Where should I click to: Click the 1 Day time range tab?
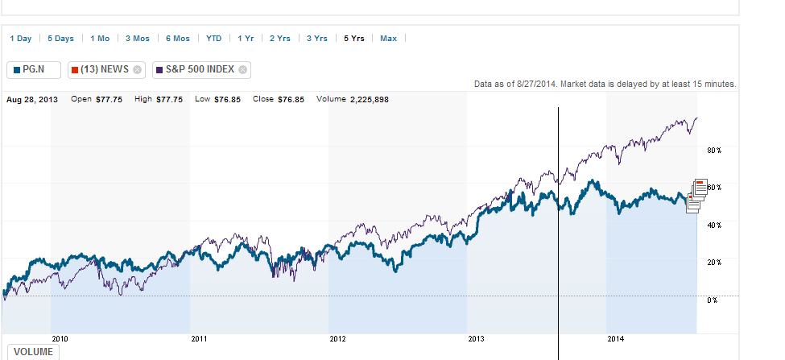click(21, 38)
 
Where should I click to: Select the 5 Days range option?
click(60, 38)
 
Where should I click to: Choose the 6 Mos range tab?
click(178, 38)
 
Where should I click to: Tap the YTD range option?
click(213, 38)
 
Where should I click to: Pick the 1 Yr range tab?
click(246, 38)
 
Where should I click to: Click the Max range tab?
click(388, 38)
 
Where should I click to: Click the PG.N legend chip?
click(34, 69)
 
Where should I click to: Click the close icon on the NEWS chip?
click(137, 69)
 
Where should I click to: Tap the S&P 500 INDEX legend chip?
click(197, 69)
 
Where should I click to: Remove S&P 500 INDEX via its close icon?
click(242, 69)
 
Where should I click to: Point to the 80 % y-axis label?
click(714, 151)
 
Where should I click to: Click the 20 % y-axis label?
click(714, 263)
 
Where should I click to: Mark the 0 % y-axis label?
click(712, 300)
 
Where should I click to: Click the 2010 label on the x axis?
click(60, 339)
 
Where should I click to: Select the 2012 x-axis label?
click(337, 339)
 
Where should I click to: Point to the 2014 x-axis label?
click(615, 339)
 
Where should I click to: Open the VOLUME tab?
click(32, 352)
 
